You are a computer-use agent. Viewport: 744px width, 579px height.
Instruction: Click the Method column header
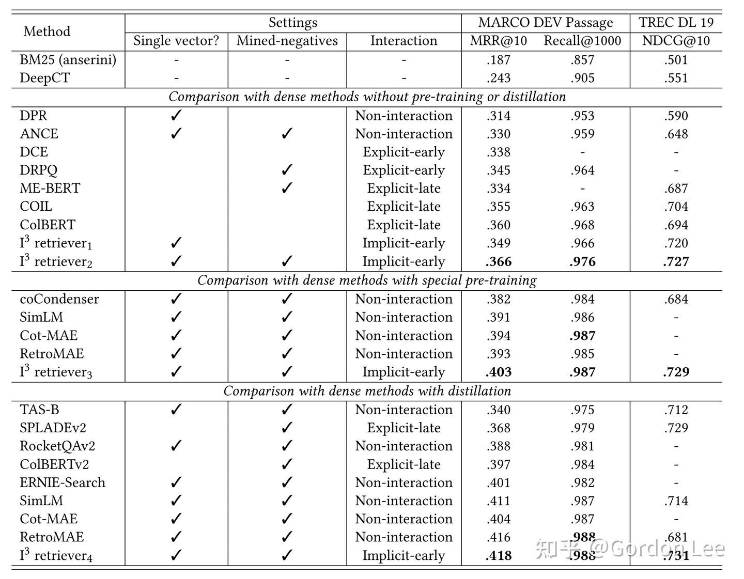coord(47,32)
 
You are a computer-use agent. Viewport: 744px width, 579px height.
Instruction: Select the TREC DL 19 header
coord(676,22)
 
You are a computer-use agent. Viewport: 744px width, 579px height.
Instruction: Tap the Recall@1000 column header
coord(582,41)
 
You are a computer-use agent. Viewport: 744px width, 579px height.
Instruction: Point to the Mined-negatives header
coord(287,41)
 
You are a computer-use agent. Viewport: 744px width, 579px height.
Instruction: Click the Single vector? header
coord(176,41)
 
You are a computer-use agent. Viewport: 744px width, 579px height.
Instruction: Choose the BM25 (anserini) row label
coord(68,60)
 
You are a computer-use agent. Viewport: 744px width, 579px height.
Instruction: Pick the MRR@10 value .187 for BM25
coord(498,60)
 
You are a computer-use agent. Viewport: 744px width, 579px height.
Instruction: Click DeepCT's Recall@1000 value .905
coord(582,78)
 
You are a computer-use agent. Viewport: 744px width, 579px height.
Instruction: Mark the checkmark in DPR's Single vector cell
coord(176,116)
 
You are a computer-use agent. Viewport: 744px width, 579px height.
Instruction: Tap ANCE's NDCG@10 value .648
coord(676,134)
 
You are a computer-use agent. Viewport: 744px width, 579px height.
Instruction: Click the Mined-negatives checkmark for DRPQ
coord(287,170)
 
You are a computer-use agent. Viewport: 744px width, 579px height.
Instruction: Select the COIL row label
coord(36,207)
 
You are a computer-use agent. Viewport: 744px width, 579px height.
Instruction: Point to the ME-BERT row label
coord(50,189)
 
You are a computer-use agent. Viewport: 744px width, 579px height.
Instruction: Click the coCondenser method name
coord(59,299)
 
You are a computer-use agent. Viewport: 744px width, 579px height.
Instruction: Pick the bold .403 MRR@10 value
coord(498,372)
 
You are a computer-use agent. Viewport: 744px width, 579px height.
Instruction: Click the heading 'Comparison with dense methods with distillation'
coord(367,391)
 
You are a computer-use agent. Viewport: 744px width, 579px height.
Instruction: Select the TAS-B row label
coord(39,410)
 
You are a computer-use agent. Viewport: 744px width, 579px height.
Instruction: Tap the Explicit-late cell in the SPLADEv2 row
coord(404,428)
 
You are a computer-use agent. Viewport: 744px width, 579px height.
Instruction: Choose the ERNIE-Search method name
coord(63,482)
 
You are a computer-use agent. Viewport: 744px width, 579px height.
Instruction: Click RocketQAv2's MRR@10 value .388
coord(498,446)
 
